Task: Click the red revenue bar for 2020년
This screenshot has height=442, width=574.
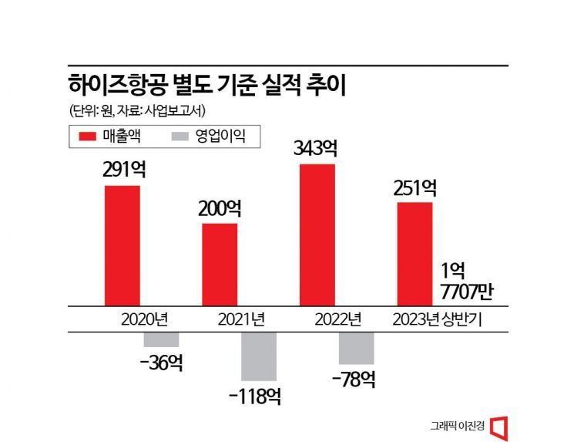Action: (x=123, y=245)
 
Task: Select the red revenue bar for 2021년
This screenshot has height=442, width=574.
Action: (x=220, y=264)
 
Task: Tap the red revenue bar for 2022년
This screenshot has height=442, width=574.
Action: (x=317, y=234)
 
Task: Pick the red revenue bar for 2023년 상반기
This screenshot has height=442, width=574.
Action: (x=415, y=253)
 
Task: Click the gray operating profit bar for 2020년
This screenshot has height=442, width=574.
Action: (x=161, y=339)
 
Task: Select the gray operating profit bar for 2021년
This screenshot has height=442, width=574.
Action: (x=258, y=356)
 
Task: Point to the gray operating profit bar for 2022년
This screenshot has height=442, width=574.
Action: (x=356, y=348)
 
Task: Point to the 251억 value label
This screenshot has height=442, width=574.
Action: (x=415, y=187)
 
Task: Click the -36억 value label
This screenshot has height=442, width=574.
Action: (x=161, y=363)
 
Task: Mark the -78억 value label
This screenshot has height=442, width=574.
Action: (x=355, y=380)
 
